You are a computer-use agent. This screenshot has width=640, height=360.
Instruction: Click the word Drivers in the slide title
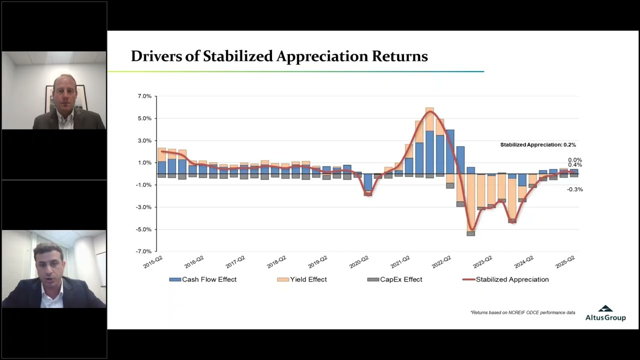156,56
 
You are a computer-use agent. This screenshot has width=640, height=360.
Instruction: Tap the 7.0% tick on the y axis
144,96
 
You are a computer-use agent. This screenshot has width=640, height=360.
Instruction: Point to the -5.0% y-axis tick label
143,229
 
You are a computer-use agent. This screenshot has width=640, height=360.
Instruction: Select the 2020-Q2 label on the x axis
359,262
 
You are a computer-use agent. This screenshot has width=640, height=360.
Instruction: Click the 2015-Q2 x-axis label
153,262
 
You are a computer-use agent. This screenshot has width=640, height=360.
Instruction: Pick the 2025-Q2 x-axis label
565,262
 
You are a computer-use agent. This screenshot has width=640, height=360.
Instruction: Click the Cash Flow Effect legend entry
203,279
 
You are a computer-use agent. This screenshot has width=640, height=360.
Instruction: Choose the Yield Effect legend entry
302,279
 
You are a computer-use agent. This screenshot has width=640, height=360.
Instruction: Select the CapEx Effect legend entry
394,279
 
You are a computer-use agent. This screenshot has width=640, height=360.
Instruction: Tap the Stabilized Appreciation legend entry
505,279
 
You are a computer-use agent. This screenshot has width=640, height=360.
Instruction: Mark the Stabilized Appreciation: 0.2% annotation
538,145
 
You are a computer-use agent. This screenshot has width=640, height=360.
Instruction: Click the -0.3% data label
575,189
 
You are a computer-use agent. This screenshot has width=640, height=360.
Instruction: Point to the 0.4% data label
575,165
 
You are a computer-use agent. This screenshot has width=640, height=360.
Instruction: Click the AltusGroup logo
605,313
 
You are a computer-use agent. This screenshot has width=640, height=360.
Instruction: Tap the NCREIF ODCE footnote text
523,312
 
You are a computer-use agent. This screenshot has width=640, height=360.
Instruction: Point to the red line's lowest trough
471,230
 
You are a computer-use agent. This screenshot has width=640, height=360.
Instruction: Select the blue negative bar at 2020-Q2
368,182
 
